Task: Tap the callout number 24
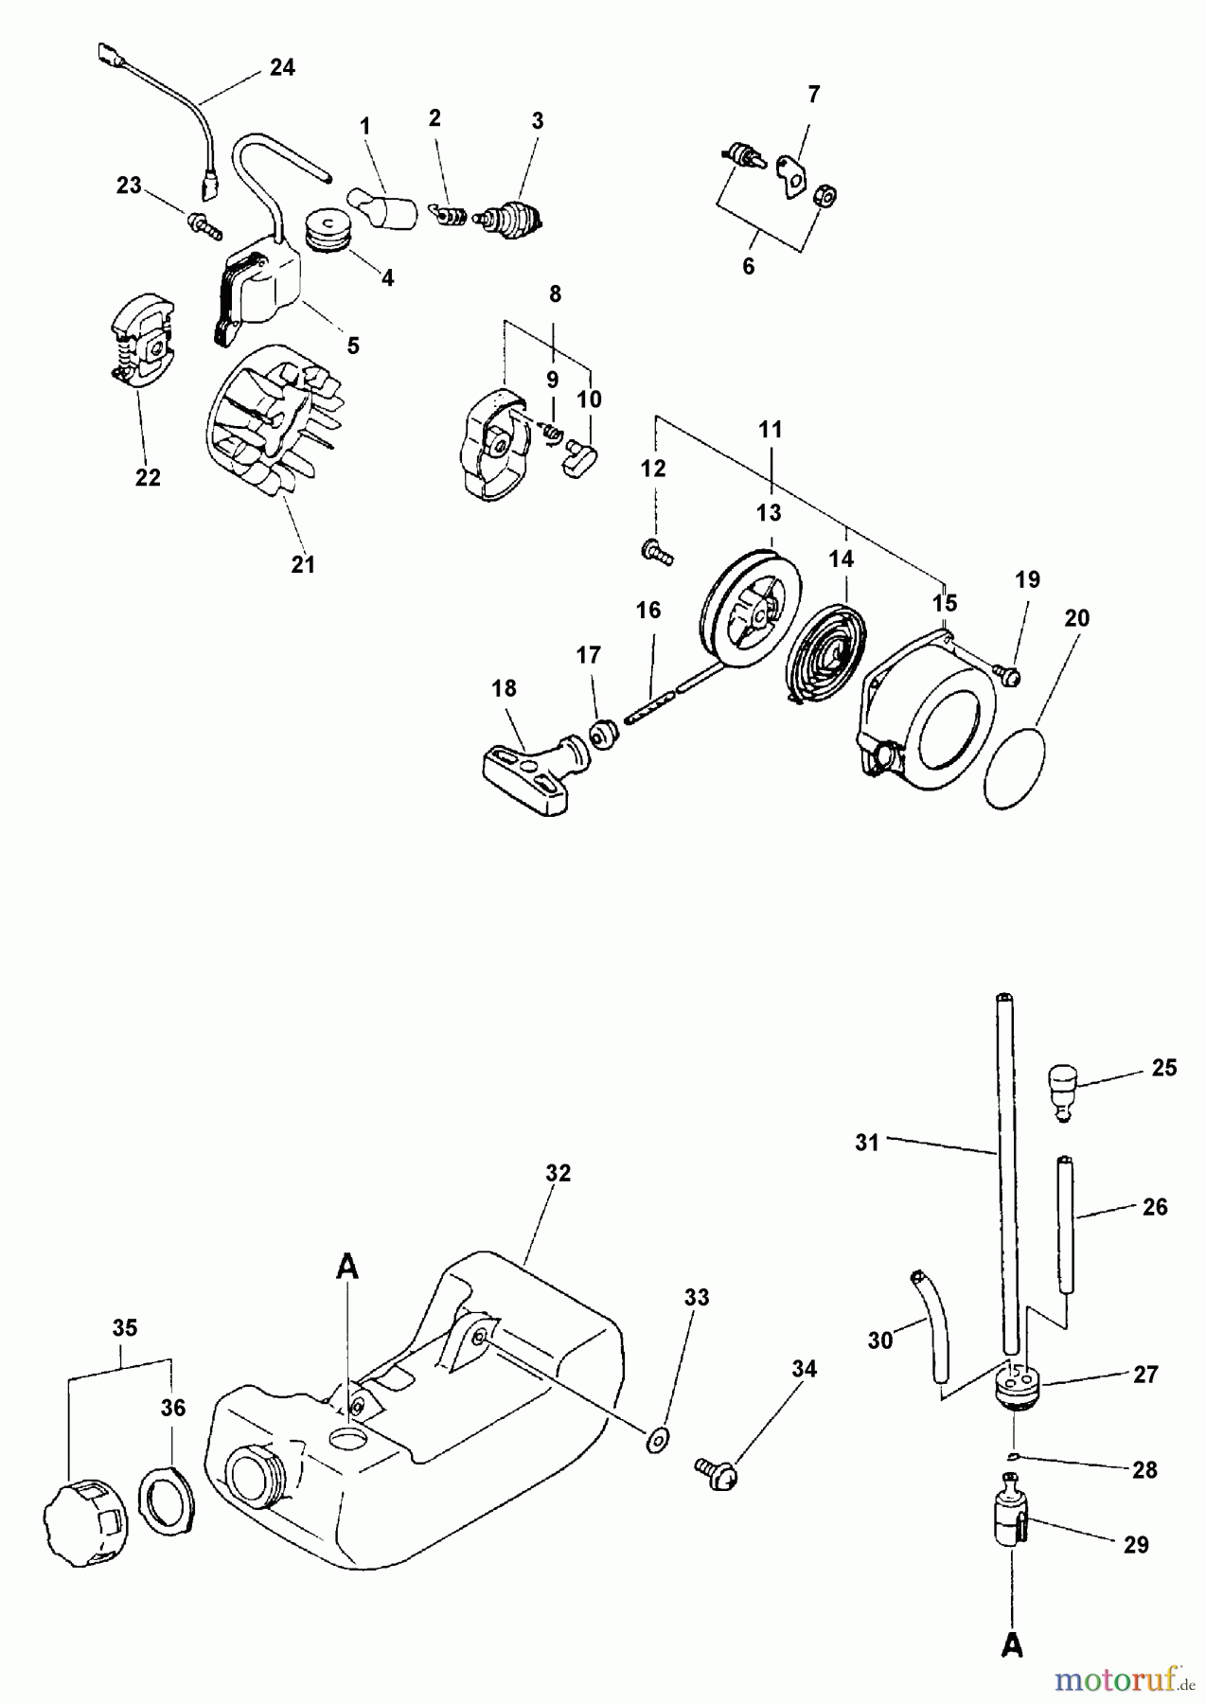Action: [x=281, y=68]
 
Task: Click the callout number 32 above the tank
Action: [x=559, y=1173]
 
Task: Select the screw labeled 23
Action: [x=204, y=224]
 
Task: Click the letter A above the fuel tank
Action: [x=347, y=1267]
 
